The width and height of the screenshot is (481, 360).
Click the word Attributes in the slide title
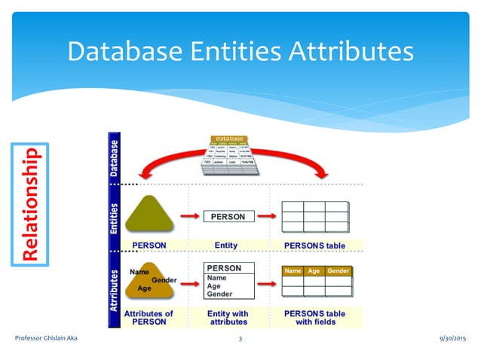click(350, 51)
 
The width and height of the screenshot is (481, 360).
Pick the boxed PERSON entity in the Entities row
click(228, 217)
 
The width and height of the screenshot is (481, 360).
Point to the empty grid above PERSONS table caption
click(314, 217)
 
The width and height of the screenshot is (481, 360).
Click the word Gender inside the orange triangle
click(164, 279)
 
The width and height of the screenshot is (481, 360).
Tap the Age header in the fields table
click(314, 270)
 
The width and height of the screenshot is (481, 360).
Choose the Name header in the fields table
click(293, 270)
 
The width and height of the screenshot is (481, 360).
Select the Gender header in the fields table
click(338, 270)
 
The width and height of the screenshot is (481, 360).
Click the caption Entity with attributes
click(227, 317)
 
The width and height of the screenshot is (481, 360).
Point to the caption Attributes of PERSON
click(149, 317)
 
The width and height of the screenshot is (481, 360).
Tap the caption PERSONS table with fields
click(314, 317)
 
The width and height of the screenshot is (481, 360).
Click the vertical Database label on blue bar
click(115, 157)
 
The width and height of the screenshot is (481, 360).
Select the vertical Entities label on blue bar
click(115, 218)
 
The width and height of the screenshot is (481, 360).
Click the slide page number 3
click(240, 340)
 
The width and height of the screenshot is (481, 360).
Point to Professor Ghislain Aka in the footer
click(47, 340)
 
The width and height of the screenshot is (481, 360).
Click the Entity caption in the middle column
click(226, 245)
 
